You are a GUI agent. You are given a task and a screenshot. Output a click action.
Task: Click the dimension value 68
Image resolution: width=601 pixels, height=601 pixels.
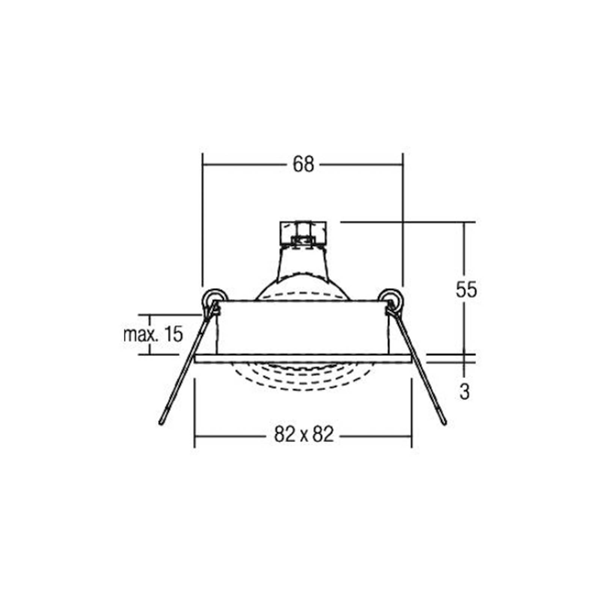(303, 164)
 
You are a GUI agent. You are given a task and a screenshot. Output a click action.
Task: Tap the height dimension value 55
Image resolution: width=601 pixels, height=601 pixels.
(466, 289)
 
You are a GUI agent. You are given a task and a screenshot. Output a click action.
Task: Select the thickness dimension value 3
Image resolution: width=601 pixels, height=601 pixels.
(465, 392)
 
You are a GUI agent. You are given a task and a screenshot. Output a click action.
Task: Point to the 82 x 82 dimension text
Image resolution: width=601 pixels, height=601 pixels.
(304, 435)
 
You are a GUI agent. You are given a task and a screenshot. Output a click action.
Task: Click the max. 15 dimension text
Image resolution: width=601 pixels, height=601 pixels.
(153, 334)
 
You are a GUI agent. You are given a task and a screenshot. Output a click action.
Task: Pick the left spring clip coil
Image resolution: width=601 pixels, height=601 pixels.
(214, 299)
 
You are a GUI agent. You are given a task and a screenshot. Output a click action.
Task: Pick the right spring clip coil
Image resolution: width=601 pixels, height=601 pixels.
(391, 299)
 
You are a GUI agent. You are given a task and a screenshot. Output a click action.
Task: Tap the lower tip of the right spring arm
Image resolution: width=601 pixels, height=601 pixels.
(445, 423)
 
